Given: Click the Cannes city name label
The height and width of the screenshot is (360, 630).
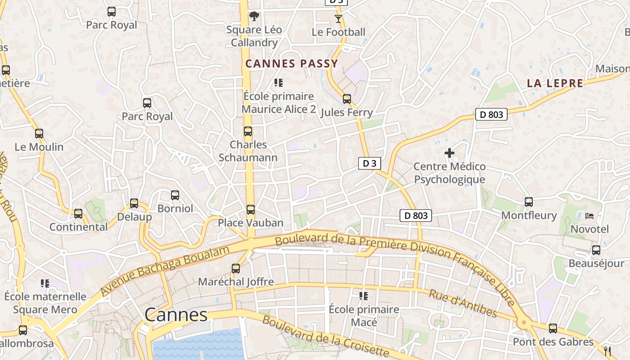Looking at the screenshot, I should click(x=176, y=315).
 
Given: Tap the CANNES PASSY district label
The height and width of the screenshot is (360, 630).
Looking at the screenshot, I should click(x=292, y=64).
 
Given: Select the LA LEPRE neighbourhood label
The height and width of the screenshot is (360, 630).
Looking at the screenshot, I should click(x=555, y=83).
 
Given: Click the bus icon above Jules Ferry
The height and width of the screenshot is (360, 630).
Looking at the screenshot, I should click(x=346, y=99).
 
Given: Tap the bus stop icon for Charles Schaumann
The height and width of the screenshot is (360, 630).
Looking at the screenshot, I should click(x=248, y=131).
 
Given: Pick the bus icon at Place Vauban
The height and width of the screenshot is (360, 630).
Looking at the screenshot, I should click(x=251, y=210).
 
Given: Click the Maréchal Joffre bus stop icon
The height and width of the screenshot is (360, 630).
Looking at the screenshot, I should click(x=236, y=269).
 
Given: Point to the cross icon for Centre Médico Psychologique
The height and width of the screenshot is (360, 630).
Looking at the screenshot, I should click(x=449, y=153).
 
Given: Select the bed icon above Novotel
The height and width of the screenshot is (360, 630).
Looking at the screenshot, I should click(x=589, y=216).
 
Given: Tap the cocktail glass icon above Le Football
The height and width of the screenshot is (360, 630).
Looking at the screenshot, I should click(x=338, y=19).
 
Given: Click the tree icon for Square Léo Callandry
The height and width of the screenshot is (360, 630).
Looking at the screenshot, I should click(x=254, y=17).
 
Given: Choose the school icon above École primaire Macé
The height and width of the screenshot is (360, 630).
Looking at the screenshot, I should click(x=364, y=296).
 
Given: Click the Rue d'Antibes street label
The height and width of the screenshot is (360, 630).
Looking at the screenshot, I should click(x=463, y=303).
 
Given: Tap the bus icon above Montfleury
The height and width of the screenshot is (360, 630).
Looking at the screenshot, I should click(x=529, y=202).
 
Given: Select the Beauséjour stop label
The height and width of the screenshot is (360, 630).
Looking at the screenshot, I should click(x=596, y=263).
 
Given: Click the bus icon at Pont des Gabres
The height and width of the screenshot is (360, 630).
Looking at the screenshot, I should click(x=553, y=328).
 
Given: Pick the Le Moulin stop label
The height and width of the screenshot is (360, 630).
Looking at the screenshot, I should click(x=39, y=147).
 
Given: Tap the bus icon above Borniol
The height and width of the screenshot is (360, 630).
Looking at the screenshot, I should click(x=175, y=195).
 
